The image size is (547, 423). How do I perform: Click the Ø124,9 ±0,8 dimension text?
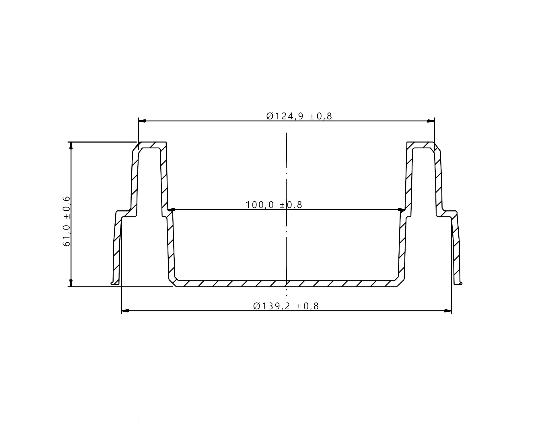pos(299,116)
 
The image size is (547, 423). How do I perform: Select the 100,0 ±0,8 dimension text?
pos(274,205)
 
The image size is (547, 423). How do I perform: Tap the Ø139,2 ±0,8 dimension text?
pos(286,306)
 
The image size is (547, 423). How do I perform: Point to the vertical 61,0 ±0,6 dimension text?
pos(66,221)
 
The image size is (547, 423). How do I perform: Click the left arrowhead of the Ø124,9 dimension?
pos(142,121)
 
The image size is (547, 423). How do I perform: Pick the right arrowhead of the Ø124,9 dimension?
pos(431,121)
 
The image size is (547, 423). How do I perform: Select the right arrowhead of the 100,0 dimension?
pos(402,210)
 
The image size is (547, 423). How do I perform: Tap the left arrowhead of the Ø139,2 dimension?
pos(126,311)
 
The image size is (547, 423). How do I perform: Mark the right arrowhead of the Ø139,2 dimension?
pos(447,311)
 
